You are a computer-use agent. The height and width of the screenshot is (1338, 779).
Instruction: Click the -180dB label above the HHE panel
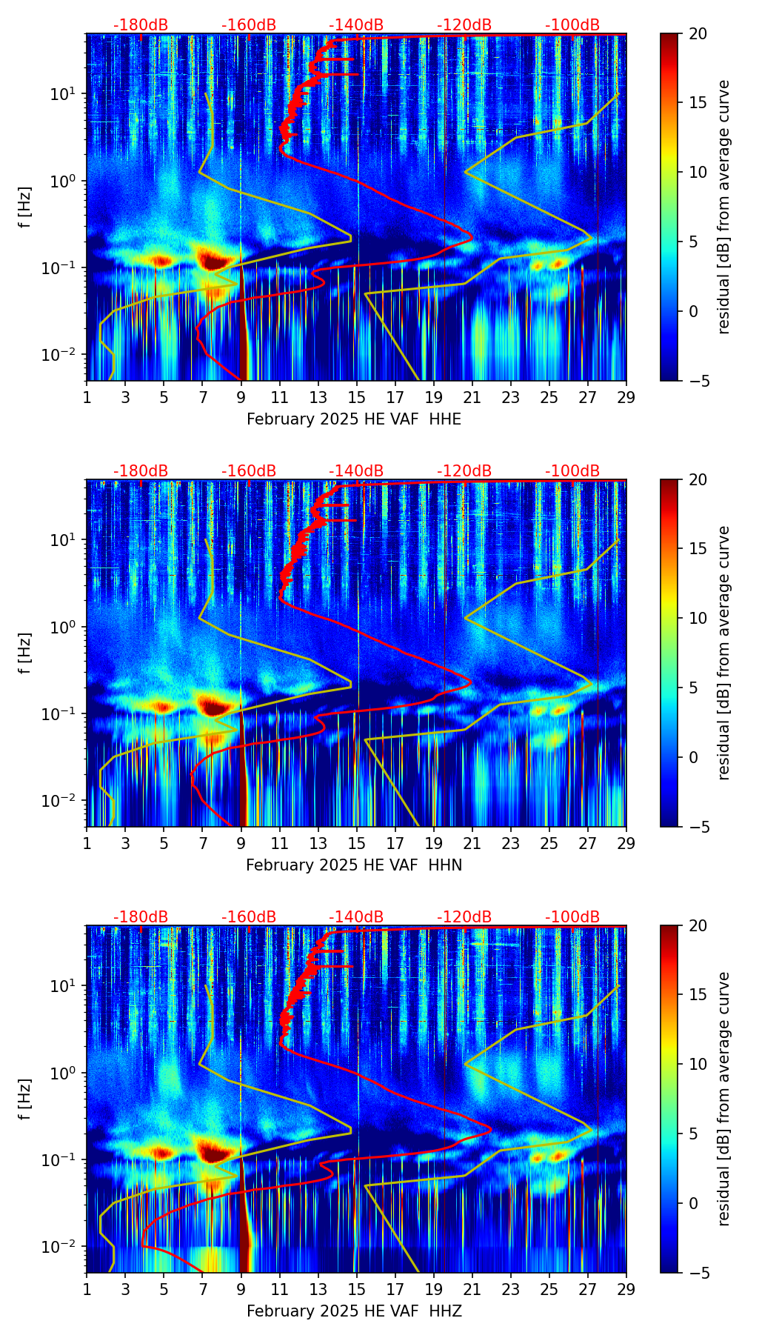click(x=141, y=25)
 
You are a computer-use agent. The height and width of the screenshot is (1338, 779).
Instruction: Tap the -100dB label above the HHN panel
click(x=572, y=471)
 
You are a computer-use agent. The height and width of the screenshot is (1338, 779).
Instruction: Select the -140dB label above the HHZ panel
click(x=356, y=917)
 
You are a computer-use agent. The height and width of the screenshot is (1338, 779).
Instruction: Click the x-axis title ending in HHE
click(x=354, y=419)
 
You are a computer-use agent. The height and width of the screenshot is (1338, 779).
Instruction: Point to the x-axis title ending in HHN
click(x=354, y=865)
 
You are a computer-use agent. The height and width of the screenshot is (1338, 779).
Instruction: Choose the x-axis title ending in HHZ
click(x=354, y=1311)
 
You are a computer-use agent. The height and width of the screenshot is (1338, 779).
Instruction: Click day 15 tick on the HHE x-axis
click(x=357, y=397)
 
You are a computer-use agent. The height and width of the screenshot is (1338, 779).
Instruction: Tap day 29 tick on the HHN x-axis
click(x=626, y=843)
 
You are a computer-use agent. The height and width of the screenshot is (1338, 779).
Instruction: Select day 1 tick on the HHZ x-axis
click(x=87, y=1289)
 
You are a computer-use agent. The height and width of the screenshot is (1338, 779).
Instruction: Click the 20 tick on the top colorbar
click(x=698, y=34)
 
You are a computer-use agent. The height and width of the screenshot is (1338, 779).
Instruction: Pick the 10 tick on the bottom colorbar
click(x=698, y=1065)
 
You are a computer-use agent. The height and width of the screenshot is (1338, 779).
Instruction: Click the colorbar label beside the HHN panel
click(x=723, y=653)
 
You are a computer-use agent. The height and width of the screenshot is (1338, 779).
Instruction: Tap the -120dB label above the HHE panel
click(x=464, y=25)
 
